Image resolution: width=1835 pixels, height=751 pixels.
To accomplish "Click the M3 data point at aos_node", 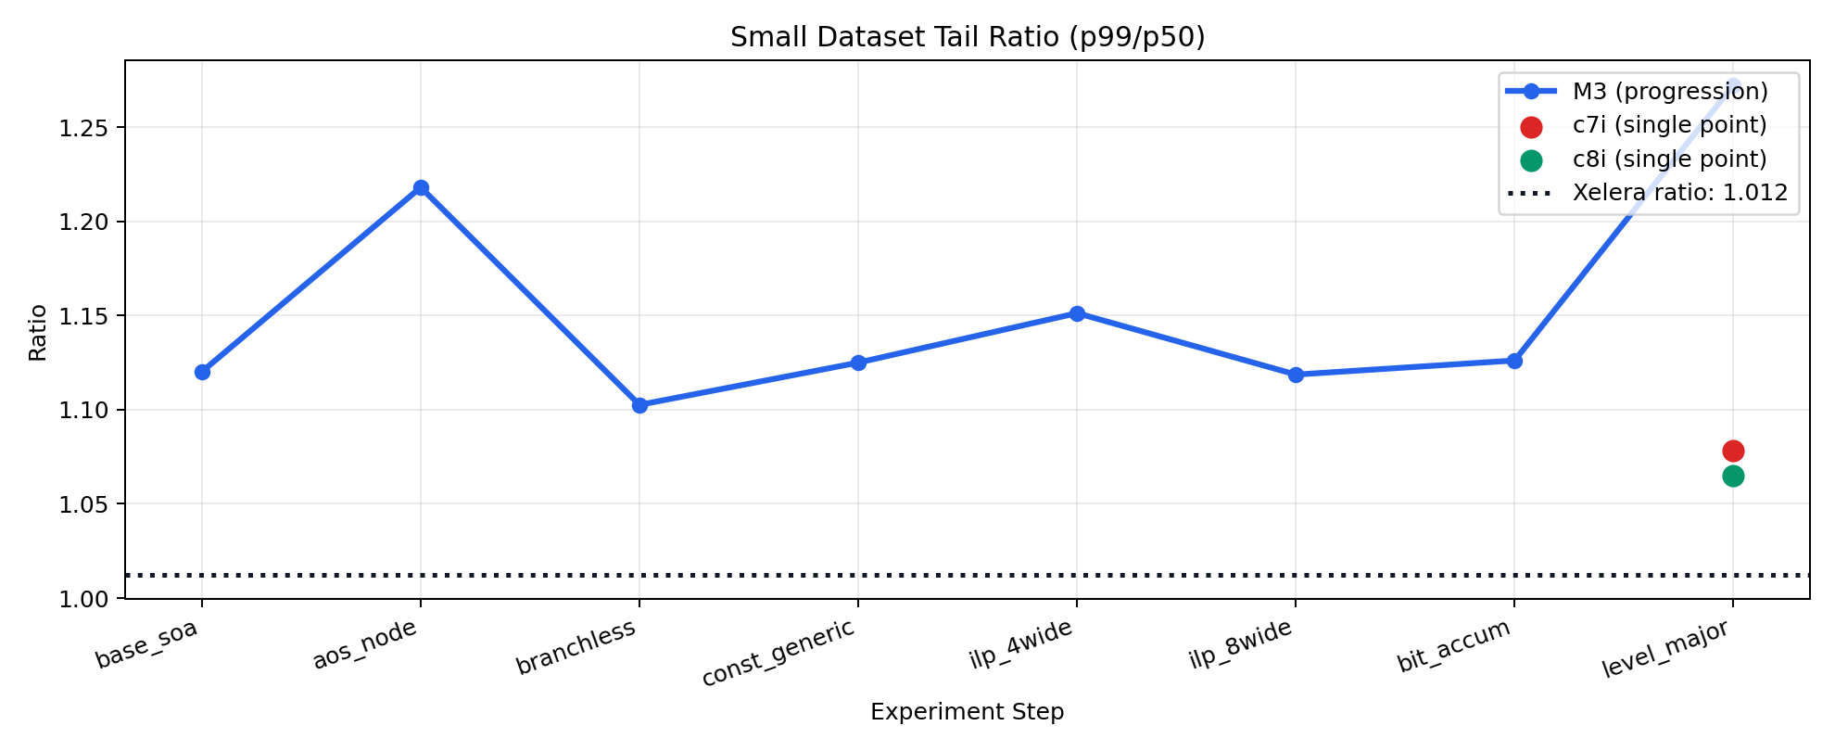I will tap(421, 187).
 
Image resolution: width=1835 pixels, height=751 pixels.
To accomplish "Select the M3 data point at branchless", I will tap(639, 405).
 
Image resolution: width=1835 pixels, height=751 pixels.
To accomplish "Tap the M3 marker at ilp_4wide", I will tap(1077, 313).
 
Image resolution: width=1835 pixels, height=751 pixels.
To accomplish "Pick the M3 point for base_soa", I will tap(202, 372).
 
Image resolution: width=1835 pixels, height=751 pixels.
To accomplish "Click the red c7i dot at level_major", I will tap(1733, 451).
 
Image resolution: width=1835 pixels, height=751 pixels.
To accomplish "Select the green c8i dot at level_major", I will tap(1733, 476).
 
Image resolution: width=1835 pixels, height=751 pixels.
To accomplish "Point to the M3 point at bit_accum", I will tap(1514, 361).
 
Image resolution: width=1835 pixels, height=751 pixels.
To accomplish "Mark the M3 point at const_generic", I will tap(858, 363).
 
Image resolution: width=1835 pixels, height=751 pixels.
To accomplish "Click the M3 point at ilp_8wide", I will tap(1296, 375).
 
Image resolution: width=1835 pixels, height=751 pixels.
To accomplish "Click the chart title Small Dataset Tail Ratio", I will tap(967, 37).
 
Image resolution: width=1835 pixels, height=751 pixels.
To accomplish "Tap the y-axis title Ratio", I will tap(37, 332).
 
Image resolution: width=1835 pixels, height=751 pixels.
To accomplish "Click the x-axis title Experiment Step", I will tap(967, 712).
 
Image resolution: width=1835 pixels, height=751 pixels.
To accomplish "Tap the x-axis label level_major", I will tap(1664, 649).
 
